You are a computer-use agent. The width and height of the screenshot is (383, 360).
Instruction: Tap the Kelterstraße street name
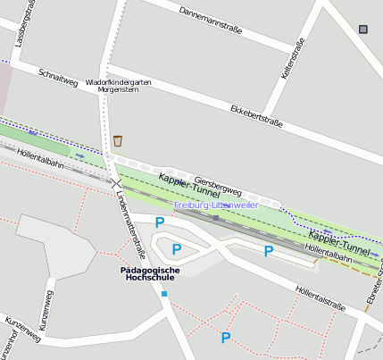point(294,60)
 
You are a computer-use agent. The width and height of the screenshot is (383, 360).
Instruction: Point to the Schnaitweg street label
point(58,77)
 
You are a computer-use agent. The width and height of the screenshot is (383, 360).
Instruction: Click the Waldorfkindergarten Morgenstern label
point(119,86)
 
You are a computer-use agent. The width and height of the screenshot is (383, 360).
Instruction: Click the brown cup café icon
point(118,140)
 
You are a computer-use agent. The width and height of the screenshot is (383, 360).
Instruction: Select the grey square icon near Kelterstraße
point(362,29)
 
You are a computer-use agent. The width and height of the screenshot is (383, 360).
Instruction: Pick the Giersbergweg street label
point(218,185)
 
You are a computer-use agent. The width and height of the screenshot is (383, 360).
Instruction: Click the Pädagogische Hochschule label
point(150,273)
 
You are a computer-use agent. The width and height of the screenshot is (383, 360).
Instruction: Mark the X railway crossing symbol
point(116,182)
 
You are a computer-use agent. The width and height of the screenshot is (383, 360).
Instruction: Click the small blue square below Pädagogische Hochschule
point(163,293)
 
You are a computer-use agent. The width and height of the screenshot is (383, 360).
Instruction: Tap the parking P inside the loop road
point(177,248)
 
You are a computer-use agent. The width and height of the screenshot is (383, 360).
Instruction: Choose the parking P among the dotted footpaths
point(226,338)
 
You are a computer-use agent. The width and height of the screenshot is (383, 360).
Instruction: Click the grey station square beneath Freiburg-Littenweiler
point(215,217)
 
